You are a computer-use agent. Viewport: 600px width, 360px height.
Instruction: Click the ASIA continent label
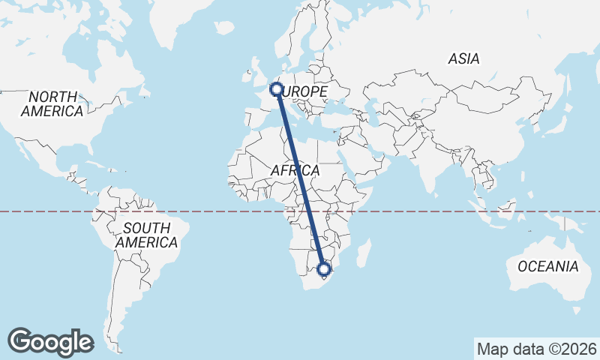(x=463, y=58)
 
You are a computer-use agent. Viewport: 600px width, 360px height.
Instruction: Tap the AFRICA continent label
(x=295, y=171)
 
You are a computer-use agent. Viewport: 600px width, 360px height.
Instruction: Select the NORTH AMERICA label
(x=52, y=104)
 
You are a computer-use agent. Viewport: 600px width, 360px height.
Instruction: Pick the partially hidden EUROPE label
(x=306, y=91)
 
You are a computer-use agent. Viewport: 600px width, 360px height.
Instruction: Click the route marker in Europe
(x=276, y=90)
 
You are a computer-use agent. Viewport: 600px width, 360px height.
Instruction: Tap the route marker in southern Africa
(x=324, y=269)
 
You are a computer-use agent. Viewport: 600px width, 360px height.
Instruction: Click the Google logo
(x=51, y=342)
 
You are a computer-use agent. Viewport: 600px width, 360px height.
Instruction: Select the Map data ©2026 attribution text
(x=536, y=349)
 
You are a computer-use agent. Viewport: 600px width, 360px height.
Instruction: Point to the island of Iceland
(x=224, y=28)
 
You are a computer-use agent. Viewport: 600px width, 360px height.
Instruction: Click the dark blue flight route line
(x=300, y=180)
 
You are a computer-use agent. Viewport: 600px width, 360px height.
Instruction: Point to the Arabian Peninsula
(x=367, y=154)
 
